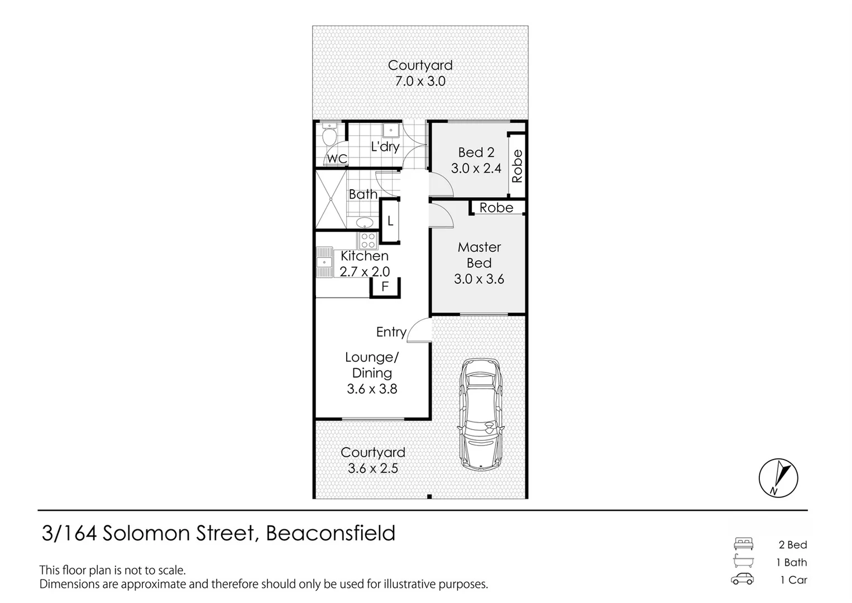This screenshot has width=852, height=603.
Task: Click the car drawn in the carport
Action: tap(481, 413)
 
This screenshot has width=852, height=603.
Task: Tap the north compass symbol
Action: tap(778, 478)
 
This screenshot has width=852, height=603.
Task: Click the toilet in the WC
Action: tap(329, 135)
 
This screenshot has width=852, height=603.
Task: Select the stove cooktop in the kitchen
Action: tap(367, 241)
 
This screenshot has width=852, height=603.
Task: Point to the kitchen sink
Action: tap(324, 262)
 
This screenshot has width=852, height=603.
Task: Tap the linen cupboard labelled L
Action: tap(390, 221)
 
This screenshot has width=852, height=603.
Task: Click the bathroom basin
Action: tap(364, 222)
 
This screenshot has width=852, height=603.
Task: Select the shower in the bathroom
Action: tap(331, 200)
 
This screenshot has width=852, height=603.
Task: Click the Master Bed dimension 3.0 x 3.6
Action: tap(479, 279)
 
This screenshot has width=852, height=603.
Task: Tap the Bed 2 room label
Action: tap(476, 152)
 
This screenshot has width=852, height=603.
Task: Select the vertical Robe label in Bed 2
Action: tap(517, 166)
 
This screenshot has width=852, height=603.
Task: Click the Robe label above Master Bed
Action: tap(496, 208)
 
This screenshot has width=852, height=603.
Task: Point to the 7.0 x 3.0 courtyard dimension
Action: tap(420, 81)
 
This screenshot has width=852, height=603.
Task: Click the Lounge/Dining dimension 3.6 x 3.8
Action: tap(372, 389)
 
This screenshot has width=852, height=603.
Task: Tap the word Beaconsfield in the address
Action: tap(331, 534)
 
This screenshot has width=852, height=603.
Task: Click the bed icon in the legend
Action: tap(743, 544)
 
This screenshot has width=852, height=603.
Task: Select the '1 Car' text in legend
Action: tap(793, 580)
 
